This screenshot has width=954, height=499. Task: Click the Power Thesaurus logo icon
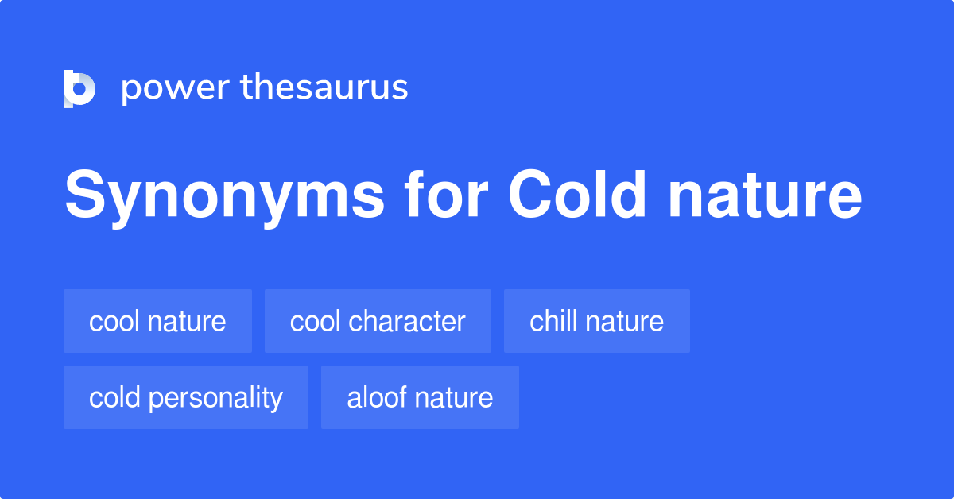79,88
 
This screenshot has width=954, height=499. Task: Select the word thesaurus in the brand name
324,88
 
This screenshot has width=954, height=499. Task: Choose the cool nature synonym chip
157,321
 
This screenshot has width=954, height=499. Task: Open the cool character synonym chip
378,321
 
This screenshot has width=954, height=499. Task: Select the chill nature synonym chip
596,321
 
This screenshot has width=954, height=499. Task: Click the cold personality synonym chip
185,397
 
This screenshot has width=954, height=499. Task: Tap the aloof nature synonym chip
420,397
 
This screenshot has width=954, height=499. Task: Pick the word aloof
373,397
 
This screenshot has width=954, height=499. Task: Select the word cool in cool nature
110,321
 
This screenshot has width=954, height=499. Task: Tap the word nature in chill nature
624,321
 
